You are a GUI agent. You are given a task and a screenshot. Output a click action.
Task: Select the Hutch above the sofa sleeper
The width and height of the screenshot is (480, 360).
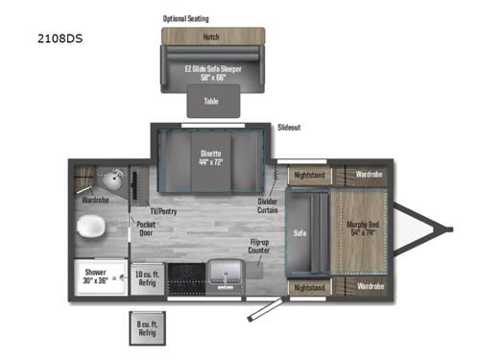point(211,37)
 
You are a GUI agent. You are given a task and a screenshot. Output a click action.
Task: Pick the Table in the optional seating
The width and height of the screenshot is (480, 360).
point(211,100)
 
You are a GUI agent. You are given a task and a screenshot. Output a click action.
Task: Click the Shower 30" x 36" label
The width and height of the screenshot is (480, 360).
point(95,277)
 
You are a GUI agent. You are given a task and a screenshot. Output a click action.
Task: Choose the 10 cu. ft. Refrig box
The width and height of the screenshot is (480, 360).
point(149,278)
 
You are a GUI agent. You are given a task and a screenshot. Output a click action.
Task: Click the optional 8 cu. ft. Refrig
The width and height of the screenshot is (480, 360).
point(146,329)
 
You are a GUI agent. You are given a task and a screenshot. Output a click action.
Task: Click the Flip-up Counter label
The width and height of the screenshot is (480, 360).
point(259,247)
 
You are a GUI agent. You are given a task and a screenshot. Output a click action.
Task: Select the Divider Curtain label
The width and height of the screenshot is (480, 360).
point(269,205)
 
